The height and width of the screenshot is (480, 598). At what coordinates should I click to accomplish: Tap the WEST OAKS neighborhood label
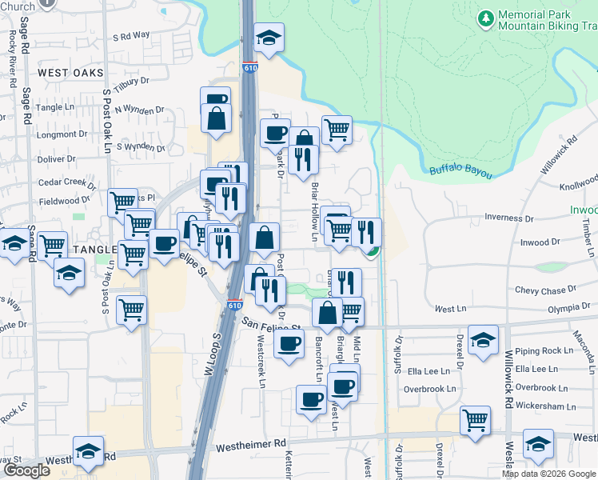pos(70,73)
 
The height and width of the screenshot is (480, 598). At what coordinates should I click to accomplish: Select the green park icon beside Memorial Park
pos(485,18)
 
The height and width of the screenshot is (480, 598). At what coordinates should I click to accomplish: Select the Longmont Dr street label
pos(56,134)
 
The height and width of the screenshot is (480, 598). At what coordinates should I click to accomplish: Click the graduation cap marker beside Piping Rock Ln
pos(483,340)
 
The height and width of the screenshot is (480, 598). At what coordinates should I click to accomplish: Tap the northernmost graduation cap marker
pos(269,37)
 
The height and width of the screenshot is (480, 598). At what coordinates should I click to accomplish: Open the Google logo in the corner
pos(26,470)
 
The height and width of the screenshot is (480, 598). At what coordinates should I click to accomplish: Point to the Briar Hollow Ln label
pos(313,212)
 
